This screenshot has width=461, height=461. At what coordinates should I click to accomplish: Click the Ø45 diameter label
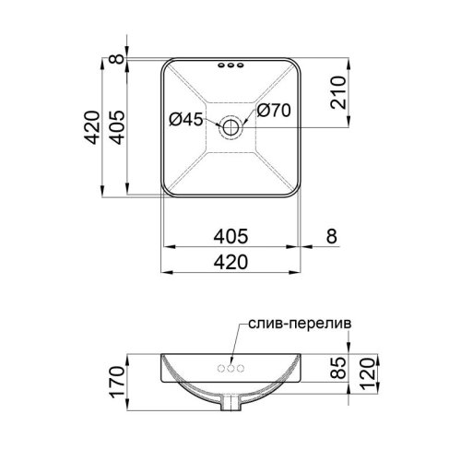click(x=186, y=119)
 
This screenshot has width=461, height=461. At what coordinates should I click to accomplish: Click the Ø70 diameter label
click(x=274, y=111)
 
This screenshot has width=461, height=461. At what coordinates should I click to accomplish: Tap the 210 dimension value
click(x=338, y=92)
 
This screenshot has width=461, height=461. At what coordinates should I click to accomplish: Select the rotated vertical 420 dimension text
click(x=92, y=127)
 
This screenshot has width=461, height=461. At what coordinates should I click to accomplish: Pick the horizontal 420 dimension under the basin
click(x=230, y=263)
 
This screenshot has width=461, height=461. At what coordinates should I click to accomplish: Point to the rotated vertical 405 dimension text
click(x=117, y=127)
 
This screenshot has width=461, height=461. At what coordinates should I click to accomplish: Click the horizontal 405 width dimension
click(x=230, y=237)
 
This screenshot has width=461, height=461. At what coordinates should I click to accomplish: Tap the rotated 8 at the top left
click(x=117, y=59)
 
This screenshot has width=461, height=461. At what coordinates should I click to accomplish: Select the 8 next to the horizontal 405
click(x=332, y=236)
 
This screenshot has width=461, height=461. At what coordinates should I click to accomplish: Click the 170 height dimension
click(x=118, y=383)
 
